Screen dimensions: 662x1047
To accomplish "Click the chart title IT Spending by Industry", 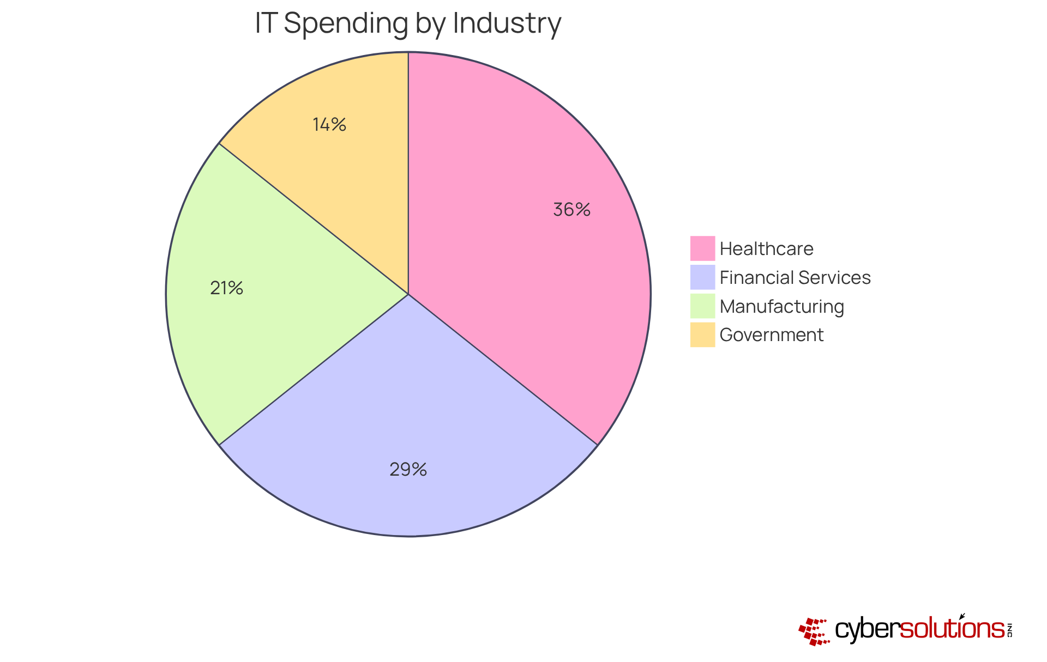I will [408, 23].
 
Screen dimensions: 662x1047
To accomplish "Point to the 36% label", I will [571, 210].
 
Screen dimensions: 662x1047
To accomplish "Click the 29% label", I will [408, 469].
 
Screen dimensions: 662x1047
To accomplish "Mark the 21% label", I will [226, 288].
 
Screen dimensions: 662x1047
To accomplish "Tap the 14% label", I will [329, 125].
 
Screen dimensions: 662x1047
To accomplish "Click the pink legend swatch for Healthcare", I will [702, 248].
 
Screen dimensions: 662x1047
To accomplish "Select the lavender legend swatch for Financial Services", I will [702, 277].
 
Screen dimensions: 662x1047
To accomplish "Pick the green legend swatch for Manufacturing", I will [702, 306].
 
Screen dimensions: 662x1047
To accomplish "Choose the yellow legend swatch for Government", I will [702, 335].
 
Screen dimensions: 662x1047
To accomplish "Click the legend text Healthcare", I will [766, 248].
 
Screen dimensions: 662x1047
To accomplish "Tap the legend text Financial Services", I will [795, 277].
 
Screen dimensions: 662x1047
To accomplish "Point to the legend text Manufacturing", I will [781, 306].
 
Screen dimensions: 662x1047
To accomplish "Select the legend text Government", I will [771, 335].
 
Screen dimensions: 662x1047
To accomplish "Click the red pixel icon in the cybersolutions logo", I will [814, 631].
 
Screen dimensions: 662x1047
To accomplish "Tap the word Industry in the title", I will [506, 23].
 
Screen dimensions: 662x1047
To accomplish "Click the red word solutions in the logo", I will [952, 629].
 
